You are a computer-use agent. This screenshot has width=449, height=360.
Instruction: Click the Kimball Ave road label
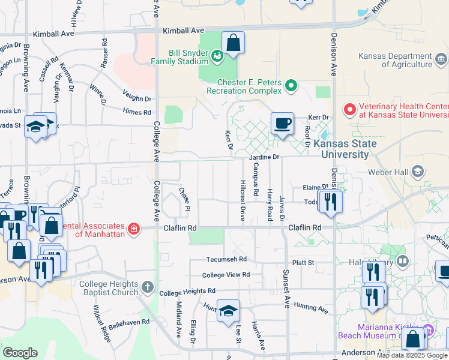tap(184, 30)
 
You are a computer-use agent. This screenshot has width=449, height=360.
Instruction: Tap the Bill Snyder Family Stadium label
tap(179, 56)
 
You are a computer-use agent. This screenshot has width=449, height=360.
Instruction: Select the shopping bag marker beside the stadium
tap(233, 43)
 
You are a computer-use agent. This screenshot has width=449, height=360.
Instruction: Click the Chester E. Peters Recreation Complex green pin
tap(291, 86)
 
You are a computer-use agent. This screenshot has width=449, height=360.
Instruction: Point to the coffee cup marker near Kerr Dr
tap(282, 124)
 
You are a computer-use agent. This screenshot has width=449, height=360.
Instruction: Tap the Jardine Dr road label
tap(265, 157)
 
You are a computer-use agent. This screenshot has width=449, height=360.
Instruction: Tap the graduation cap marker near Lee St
tap(228, 311)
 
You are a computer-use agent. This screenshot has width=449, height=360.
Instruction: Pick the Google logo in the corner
tap(20, 353)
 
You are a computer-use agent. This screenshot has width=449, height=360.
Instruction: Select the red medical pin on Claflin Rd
tap(133, 229)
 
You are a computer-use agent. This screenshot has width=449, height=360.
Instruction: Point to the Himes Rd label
tap(137, 112)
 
